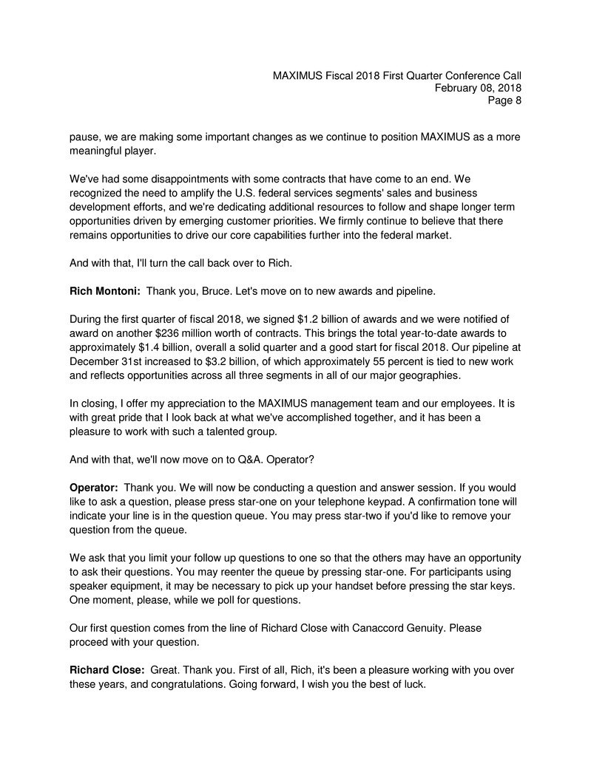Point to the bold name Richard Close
pos(107,670)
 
